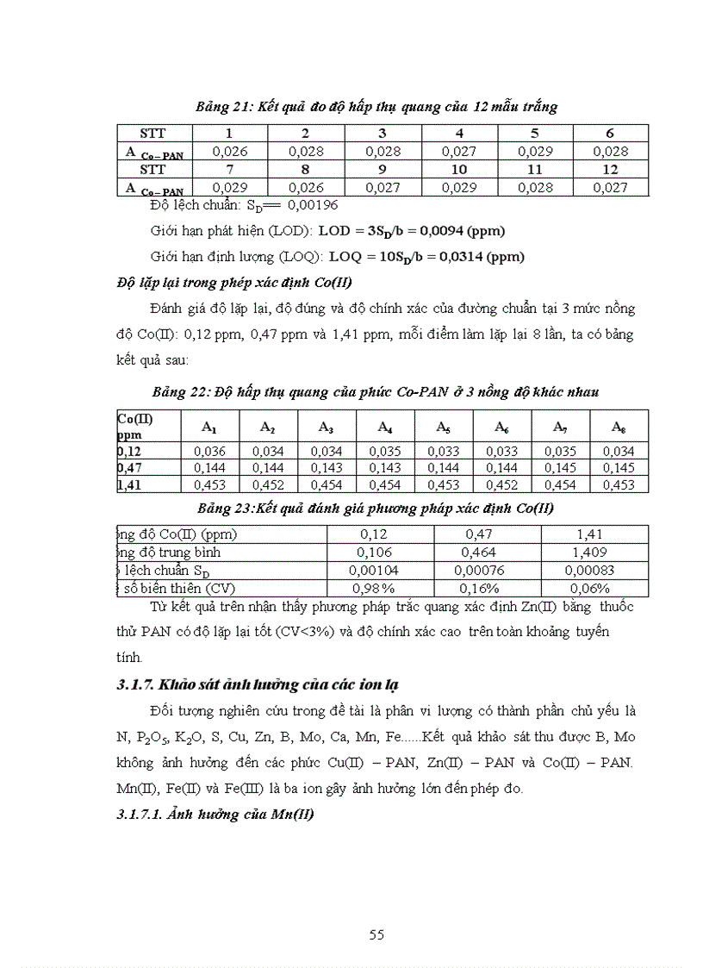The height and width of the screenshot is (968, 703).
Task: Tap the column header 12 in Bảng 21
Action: coord(610,170)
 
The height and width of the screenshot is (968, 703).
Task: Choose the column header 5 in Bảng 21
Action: coord(534,134)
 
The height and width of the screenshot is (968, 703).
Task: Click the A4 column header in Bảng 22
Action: coord(385,427)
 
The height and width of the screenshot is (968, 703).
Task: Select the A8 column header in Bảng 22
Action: coord(619,427)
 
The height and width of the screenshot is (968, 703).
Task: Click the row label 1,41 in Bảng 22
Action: coord(129,484)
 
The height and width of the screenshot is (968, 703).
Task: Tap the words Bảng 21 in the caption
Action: coord(223,107)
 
